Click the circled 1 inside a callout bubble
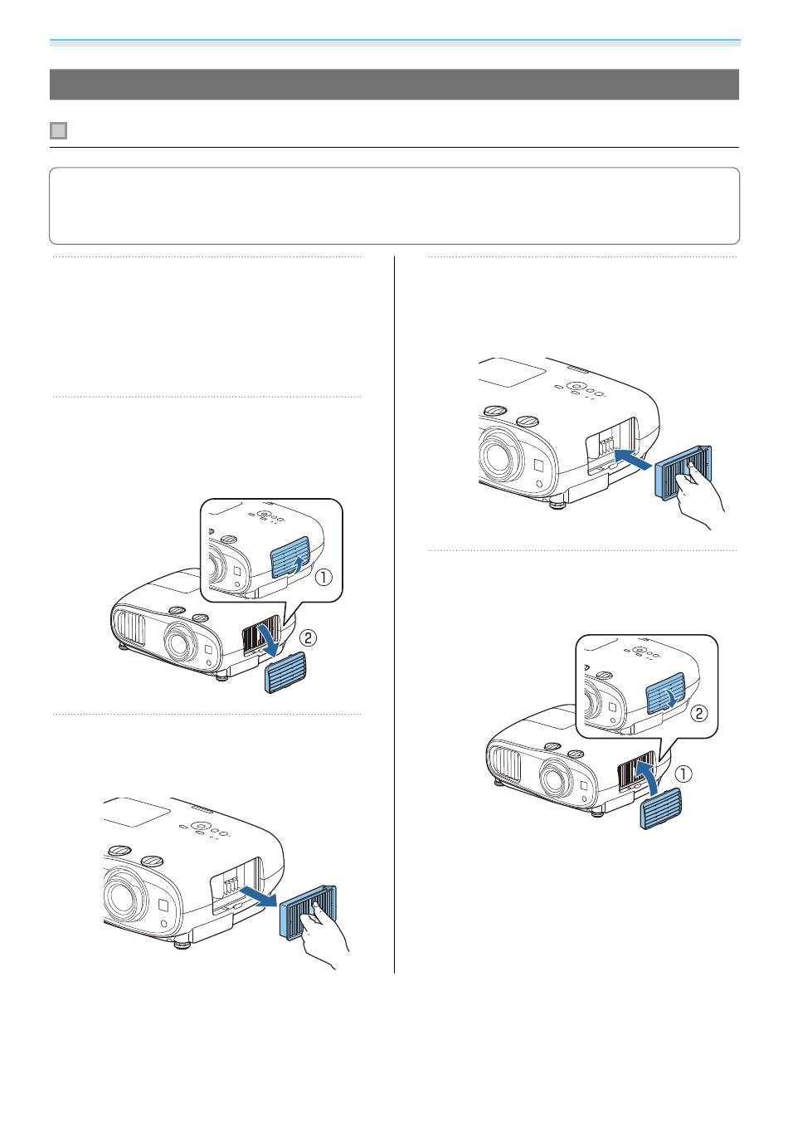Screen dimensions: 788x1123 point(323,578)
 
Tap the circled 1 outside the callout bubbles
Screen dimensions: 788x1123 point(683,774)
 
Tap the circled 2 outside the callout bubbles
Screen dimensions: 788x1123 point(308,638)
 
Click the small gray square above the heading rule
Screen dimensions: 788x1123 point(59,131)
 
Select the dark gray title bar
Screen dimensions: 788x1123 point(394,84)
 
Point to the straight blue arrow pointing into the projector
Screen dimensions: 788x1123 point(633,459)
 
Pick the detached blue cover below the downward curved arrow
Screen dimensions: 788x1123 point(285,672)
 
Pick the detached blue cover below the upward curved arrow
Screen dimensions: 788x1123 point(661,808)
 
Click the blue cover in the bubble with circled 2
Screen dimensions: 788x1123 point(666,693)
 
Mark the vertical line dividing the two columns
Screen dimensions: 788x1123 point(394,615)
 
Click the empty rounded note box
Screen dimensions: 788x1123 point(394,206)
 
